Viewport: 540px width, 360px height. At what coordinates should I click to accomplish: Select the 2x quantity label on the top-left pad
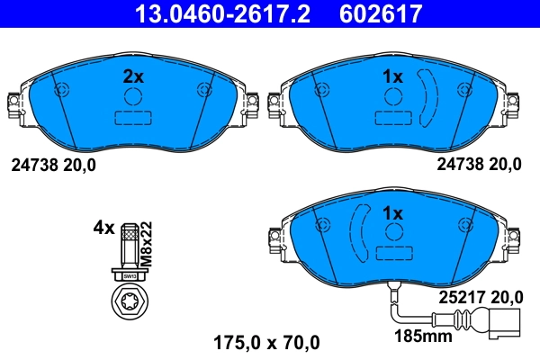tap(132, 77)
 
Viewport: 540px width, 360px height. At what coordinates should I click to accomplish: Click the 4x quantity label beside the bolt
tap(103, 228)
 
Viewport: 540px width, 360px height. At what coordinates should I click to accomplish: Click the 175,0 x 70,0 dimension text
tap(266, 341)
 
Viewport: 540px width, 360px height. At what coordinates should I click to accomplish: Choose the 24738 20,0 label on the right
tap(478, 164)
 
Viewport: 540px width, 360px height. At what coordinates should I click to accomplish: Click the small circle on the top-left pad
tap(132, 99)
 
